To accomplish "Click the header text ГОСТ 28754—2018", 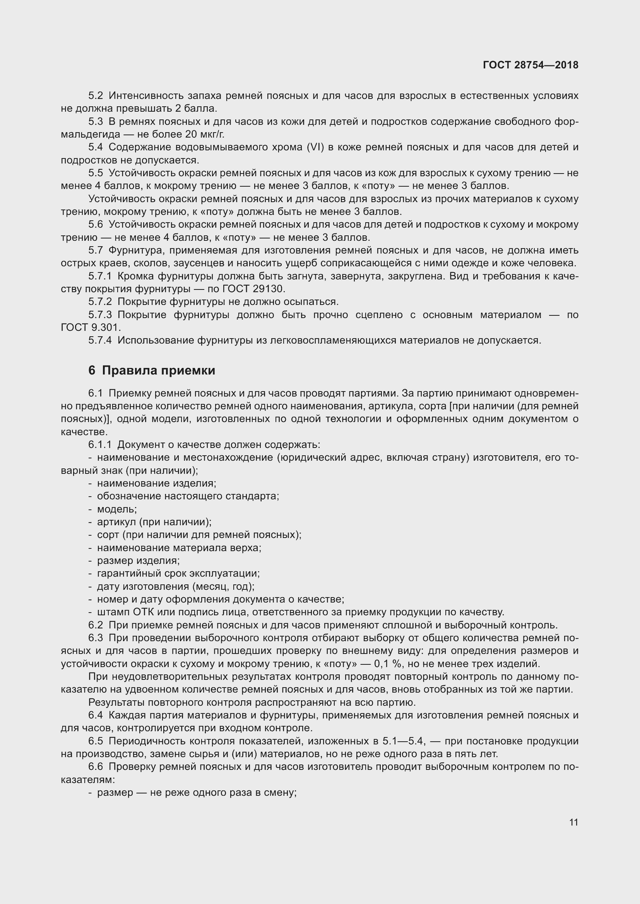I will pos(530,65).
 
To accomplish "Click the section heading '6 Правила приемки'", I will pos(152,371).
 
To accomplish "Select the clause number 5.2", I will pos(95,96).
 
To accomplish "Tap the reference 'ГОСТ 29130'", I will pos(253,289).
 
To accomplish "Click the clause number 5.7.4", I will pos(100,340).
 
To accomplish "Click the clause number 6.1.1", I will pos(100,445).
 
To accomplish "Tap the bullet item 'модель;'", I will pos(117,509).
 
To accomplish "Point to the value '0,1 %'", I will pos(387,664).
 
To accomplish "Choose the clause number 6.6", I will pos(95,767).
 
